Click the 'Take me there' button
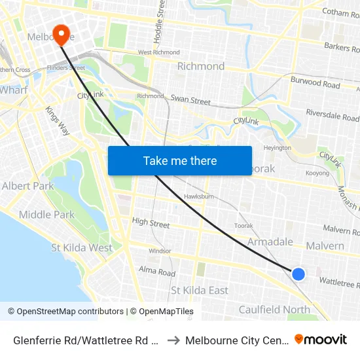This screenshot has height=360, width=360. (180, 160)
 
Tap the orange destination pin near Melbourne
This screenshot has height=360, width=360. (62, 34)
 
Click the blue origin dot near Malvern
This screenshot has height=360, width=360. (298, 274)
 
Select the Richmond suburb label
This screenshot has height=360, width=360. (201, 66)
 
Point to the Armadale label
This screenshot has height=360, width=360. (270, 242)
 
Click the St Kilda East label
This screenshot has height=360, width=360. (200, 290)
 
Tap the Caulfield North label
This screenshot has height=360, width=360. (274, 310)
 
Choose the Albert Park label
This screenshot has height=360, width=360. (27, 186)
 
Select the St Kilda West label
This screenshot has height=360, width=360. (82, 247)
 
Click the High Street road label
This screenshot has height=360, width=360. (151, 223)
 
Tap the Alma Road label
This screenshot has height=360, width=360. (157, 271)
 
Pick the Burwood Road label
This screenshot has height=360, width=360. (315, 84)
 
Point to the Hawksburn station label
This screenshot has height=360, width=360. (200, 196)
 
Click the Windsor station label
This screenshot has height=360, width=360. (160, 251)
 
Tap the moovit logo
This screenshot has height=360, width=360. (321, 340)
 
